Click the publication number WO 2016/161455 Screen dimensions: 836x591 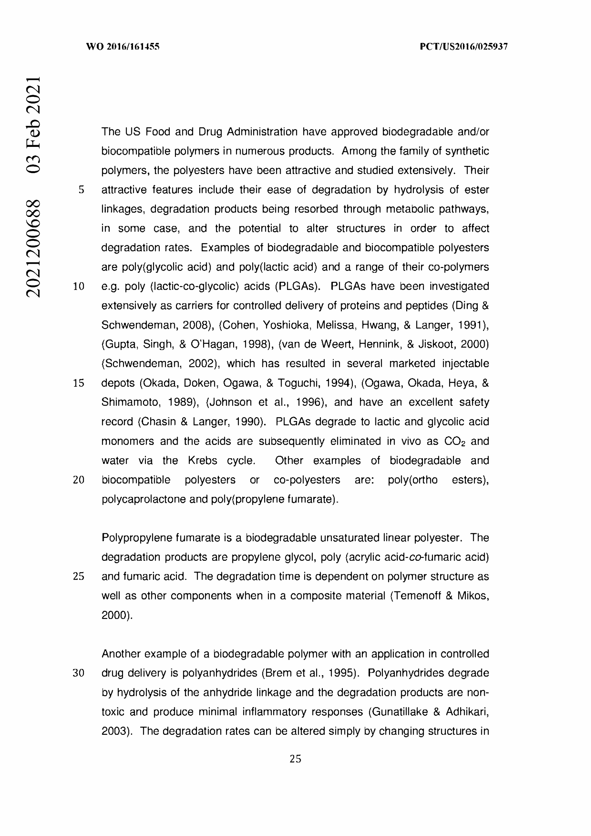(123, 46)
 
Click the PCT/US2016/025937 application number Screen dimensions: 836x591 (464, 46)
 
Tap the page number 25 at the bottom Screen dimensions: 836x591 (295, 759)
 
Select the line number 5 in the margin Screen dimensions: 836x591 (81, 190)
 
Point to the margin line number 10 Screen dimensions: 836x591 (79, 287)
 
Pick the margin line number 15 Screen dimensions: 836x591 (79, 383)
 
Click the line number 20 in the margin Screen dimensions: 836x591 (79, 480)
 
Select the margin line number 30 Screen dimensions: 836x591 (79, 673)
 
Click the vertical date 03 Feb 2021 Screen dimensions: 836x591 (33, 125)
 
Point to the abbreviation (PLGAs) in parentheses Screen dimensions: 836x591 (298, 286)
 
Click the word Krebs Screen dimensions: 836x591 (202, 461)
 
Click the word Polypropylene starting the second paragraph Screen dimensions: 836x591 (137, 538)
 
